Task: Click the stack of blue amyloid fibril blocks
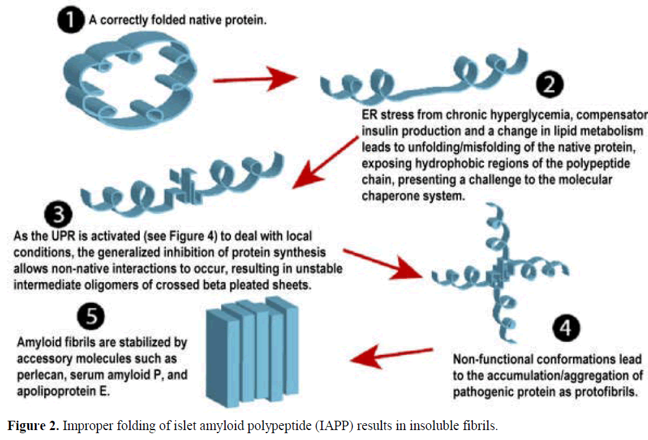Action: (252, 349)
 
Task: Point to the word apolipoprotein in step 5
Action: (56, 393)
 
